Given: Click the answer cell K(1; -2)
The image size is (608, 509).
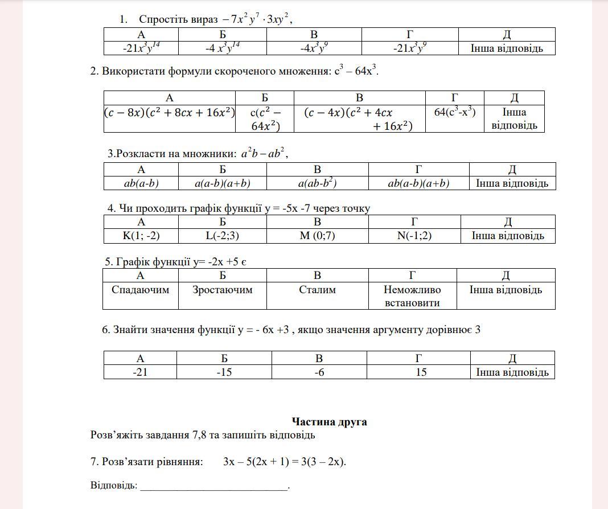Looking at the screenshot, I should point(141,236).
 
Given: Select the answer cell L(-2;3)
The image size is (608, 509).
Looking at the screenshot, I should point(222,236).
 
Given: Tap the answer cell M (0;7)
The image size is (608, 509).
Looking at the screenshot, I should point(317,236).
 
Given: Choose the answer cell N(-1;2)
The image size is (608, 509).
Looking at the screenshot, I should point(414,236).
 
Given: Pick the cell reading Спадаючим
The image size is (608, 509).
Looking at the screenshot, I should point(140,290).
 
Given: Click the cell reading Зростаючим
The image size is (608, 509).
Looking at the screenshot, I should point(222,290).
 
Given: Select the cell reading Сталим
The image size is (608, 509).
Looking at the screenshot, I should point(317,290).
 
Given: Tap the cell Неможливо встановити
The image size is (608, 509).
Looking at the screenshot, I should point(412,296).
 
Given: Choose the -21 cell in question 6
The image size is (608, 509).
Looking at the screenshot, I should point(140,372).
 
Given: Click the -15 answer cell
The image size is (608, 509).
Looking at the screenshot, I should point(224,372).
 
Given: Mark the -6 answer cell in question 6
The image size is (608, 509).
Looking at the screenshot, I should point(319,372).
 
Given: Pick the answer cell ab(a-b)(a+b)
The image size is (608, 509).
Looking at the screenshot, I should point(418,183).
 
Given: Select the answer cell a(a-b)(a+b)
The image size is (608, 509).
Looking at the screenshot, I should point(222,183).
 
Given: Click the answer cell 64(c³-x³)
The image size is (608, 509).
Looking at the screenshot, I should point(454,112).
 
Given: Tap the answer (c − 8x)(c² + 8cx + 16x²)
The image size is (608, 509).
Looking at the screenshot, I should point(170,113).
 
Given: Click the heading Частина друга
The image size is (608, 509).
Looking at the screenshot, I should point(329,422).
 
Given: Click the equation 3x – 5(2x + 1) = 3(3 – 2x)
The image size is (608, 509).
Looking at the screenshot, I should point(285,462).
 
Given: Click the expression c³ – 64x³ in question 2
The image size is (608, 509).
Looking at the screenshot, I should point(356,72).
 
